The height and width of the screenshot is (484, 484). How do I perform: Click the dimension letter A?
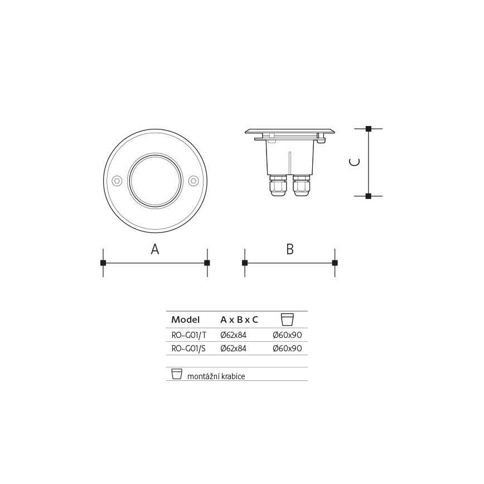click(x=155, y=250)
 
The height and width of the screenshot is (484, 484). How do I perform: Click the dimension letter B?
click(x=290, y=250)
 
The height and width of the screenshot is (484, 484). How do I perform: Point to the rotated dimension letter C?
click(x=355, y=162)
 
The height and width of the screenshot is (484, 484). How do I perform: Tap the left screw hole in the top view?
click(x=117, y=181)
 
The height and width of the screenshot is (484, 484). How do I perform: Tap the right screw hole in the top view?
click(x=193, y=181)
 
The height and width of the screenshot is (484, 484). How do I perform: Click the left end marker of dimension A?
click(x=103, y=263)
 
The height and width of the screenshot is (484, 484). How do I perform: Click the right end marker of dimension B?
click(x=335, y=263)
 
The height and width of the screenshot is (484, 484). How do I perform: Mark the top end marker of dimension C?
click(x=368, y=129)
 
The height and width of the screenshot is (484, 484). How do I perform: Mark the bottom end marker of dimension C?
click(x=368, y=196)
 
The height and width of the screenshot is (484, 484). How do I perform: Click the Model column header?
click(x=185, y=320)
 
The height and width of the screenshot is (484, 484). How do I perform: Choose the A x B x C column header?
click(x=239, y=320)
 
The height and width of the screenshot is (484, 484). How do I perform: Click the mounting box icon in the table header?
click(x=287, y=320)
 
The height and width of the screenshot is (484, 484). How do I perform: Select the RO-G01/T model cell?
click(x=188, y=335)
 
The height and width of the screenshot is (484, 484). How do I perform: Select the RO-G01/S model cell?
click(x=188, y=349)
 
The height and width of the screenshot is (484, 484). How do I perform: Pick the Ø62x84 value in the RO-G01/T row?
click(x=233, y=335)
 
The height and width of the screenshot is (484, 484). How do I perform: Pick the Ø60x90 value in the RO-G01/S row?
click(x=287, y=349)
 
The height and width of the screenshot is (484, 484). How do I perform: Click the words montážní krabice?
click(x=216, y=376)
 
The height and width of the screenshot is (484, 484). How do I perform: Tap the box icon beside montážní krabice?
click(x=177, y=374)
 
